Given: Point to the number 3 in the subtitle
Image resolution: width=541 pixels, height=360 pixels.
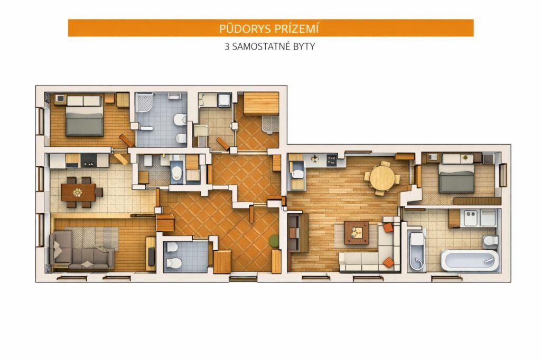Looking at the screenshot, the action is pos(227,46).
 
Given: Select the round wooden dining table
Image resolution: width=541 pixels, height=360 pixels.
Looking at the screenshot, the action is pos(382,178).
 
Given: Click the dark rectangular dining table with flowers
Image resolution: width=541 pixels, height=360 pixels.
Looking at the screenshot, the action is pos(78,192).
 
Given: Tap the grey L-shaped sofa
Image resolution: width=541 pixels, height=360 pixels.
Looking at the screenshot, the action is pos(81,250).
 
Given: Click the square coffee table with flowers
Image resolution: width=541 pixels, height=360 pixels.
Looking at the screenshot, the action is pos(357,233).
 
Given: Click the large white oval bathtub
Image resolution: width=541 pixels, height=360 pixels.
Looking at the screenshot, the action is pos(470,261).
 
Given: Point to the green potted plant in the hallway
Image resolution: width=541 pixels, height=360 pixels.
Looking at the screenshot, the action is pos(274,241).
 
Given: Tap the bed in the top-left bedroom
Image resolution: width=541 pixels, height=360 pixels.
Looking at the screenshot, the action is pos(85,116).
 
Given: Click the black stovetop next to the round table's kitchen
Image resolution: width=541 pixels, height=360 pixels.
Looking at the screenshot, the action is pos(332,159).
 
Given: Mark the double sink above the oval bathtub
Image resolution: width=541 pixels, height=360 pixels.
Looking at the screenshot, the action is pos(471,218).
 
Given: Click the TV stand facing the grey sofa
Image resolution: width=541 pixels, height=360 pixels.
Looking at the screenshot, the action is pos(151,254).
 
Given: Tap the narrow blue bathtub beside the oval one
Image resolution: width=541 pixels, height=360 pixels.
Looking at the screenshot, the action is pos(416,251).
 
